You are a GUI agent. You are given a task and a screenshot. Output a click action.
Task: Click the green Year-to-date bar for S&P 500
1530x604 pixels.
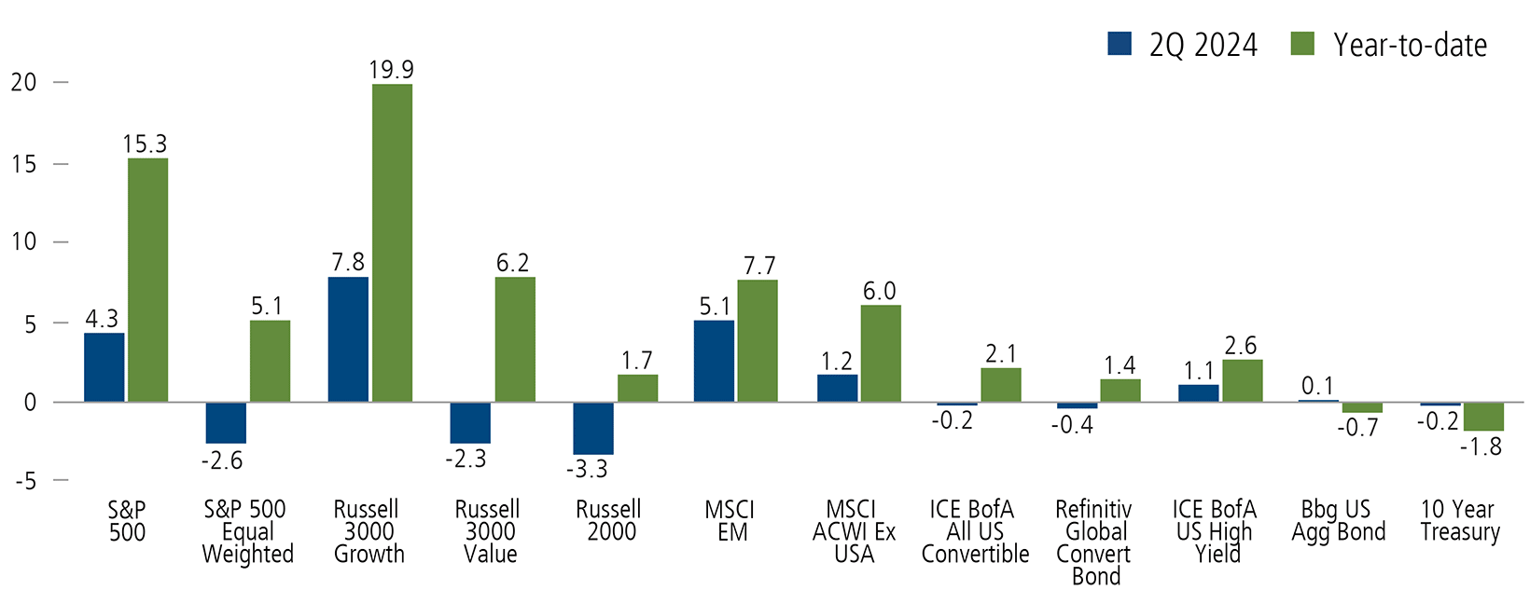pyautogui.click(x=147, y=280)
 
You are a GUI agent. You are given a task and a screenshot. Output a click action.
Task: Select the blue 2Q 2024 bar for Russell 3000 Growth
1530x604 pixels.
pyautogui.click(x=348, y=339)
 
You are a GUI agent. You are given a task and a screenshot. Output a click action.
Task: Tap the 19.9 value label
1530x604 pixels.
pyautogui.click(x=391, y=70)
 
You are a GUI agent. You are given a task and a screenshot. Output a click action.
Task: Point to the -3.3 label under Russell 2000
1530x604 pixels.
pyautogui.click(x=587, y=469)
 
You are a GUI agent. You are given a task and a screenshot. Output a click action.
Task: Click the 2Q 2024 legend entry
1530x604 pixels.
pyautogui.click(x=1183, y=45)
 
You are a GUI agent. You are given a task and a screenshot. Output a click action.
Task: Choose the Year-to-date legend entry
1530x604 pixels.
pyautogui.click(x=1390, y=45)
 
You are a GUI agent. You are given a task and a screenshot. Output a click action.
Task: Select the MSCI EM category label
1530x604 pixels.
pyautogui.click(x=730, y=521)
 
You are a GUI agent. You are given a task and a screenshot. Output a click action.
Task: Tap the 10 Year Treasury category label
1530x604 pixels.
pyautogui.click(x=1459, y=521)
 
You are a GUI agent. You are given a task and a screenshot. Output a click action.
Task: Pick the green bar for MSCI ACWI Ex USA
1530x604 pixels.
pyautogui.click(x=881, y=353)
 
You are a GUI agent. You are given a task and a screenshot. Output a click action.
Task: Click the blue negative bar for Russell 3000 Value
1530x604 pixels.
pyautogui.click(x=470, y=422)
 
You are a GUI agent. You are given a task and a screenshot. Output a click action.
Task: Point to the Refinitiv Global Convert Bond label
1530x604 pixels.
pyautogui.click(x=1094, y=542)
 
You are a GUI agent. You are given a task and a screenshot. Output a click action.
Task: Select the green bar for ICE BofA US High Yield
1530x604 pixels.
pyautogui.click(x=1242, y=380)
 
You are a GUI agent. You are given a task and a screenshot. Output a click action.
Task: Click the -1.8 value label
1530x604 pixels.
pyautogui.click(x=1481, y=446)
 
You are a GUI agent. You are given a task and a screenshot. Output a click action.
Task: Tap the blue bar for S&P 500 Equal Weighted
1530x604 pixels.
pyautogui.click(x=226, y=422)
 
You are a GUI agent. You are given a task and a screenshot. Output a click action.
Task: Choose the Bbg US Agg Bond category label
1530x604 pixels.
pyautogui.click(x=1338, y=521)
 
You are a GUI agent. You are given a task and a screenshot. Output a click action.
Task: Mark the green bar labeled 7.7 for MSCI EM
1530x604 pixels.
pyautogui.click(x=757, y=340)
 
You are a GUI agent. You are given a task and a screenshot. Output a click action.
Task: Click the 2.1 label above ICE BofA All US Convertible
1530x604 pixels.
pyautogui.click(x=1000, y=353)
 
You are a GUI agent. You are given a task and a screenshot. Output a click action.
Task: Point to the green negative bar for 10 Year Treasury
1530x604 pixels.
pyautogui.click(x=1482, y=416)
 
